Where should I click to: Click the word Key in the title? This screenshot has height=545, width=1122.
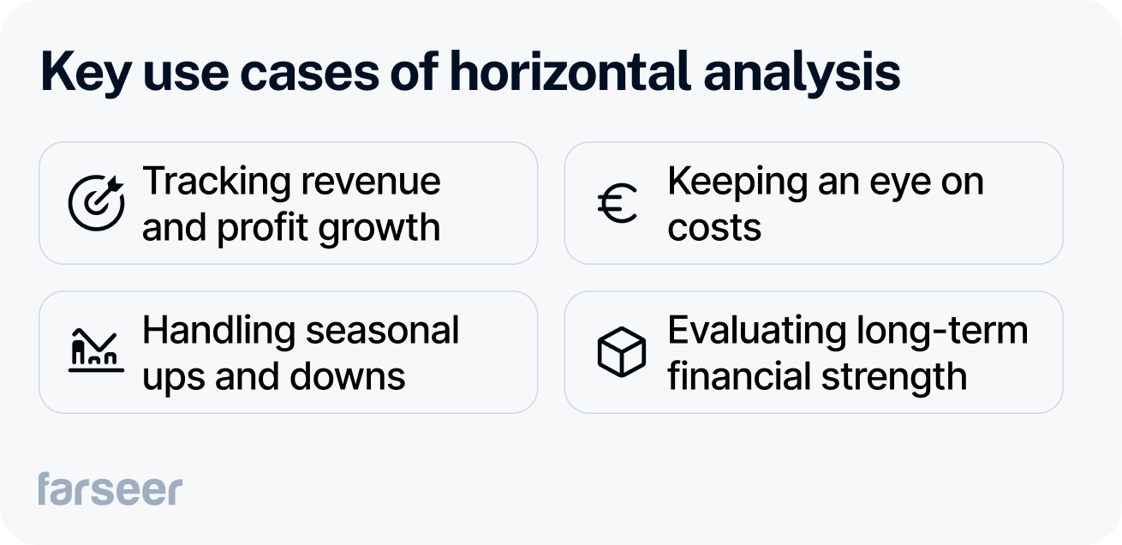pos(86,74)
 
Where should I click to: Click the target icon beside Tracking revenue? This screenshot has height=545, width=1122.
pos(96,203)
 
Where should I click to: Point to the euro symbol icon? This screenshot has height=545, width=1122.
pos(618,205)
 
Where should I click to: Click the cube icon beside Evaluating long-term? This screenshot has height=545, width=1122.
pos(620,352)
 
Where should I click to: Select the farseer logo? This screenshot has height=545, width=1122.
pos(110,488)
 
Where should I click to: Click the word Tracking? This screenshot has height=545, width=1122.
pos(217,182)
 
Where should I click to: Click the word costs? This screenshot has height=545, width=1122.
pos(713,229)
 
